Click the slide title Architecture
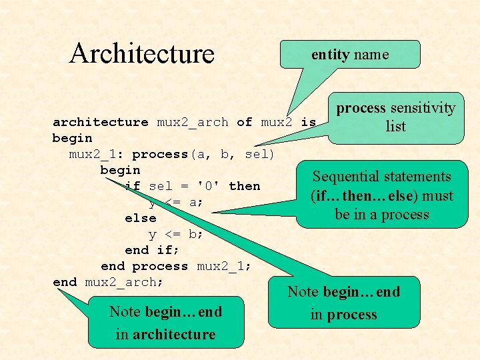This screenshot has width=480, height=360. pos(141,53)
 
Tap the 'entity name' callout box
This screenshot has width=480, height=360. pos(350,55)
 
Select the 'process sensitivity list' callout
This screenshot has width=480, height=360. pos(395,117)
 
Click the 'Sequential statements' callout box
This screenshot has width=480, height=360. pos(382,195)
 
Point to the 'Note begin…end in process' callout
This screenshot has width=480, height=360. pos(344,303)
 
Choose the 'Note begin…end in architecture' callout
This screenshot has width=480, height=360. pos(165,323)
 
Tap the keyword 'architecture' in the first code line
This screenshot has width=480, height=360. pos(101,122)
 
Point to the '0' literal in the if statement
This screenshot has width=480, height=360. pos(209,186)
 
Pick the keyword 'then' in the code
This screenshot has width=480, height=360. pos(244,186)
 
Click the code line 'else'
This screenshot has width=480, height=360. pos(141,218)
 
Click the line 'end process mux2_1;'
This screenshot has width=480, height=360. pos(176,266)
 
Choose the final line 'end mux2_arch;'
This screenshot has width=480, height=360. pos(108,282)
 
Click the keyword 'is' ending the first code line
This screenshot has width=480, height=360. pos(309,122)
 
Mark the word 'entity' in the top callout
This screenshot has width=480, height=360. pos(331,55)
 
